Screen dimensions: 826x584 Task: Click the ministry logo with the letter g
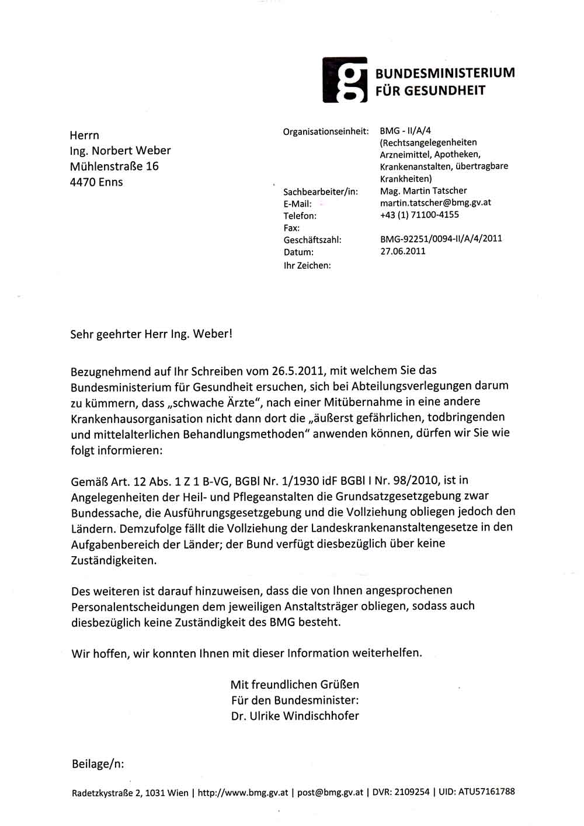coord(345,80)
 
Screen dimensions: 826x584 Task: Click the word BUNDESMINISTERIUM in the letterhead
coord(444,73)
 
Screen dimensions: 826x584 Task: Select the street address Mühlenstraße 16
coord(114,166)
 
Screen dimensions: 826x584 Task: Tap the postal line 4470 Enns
coord(96,182)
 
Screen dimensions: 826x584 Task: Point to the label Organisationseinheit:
coord(326,131)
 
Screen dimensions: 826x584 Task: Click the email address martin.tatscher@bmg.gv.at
coord(435,203)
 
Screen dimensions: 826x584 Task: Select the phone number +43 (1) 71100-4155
coord(419,215)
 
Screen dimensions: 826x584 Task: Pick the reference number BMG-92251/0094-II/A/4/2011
coord(441,238)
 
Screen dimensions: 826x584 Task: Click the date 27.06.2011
coord(403,251)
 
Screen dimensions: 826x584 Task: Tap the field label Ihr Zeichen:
coord(307,265)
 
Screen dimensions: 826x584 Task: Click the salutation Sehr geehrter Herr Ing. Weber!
coord(151,334)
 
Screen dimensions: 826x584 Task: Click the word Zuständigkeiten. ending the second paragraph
coord(114,560)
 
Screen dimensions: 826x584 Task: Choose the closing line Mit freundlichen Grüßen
coord(295,685)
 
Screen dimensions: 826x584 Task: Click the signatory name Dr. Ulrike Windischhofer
coord(295,716)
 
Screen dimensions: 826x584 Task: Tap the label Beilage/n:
coord(98,764)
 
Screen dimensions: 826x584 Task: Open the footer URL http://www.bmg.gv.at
coord(243,793)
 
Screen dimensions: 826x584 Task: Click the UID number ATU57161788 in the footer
coord(486,792)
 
